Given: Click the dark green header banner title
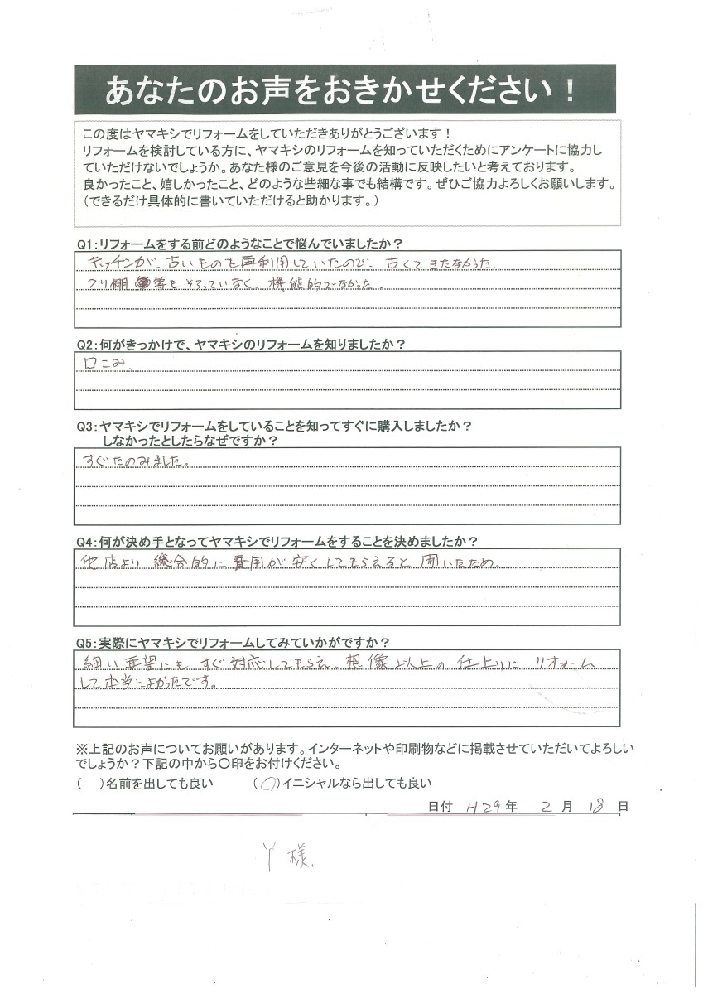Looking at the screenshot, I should click(x=344, y=89).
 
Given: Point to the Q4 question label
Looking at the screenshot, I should click(x=277, y=542).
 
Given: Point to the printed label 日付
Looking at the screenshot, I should click(x=440, y=806).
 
